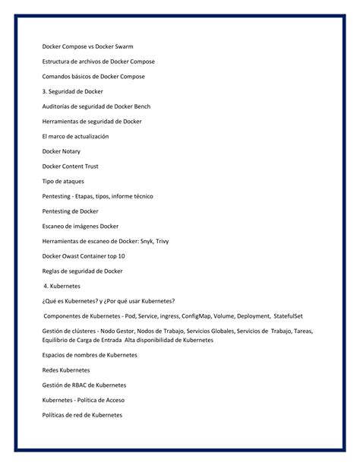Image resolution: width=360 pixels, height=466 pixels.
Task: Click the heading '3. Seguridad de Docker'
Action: click(x=72, y=92)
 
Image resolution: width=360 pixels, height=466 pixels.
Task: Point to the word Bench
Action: click(x=147, y=106)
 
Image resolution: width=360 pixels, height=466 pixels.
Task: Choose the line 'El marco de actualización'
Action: click(x=76, y=136)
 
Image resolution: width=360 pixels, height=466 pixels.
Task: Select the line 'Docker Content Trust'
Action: click(x=70, y=166)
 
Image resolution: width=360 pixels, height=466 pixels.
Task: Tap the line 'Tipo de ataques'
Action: click(x=63, y=181)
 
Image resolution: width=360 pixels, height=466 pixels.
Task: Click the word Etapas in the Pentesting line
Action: click(x=95, y=195)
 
